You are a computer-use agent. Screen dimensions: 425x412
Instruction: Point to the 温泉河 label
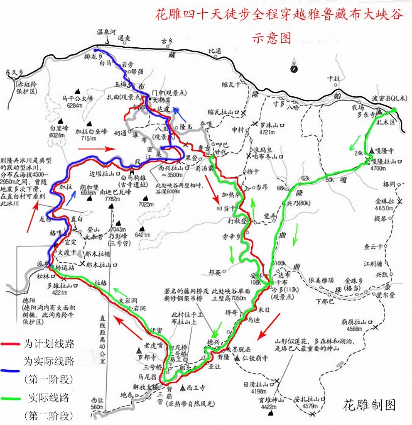click(105, 32)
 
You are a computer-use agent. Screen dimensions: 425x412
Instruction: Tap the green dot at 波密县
click(394, 110)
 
